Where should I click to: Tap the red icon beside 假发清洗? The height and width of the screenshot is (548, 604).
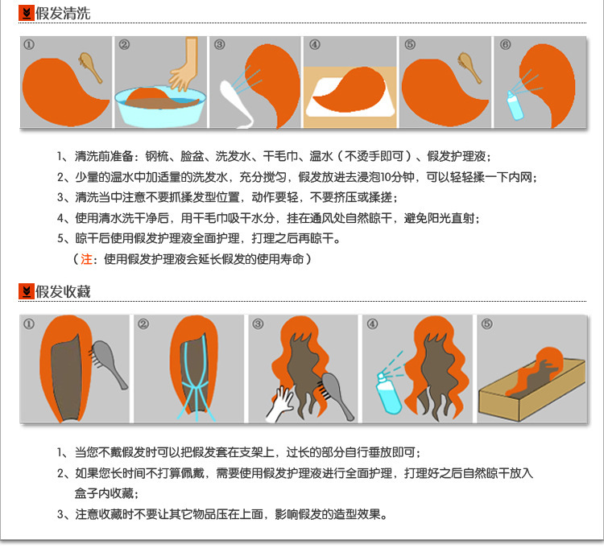(x=26, y=14)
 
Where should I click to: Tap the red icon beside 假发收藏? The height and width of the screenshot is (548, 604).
(x=26, y=291)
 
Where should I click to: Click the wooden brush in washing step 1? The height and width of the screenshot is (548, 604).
(x=91, y=68)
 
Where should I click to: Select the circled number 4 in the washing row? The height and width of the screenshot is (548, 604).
(x=315, y=45)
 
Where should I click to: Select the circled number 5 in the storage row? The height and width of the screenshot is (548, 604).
(x=486, y=324)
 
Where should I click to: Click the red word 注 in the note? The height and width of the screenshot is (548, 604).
(x=87, y=259)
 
